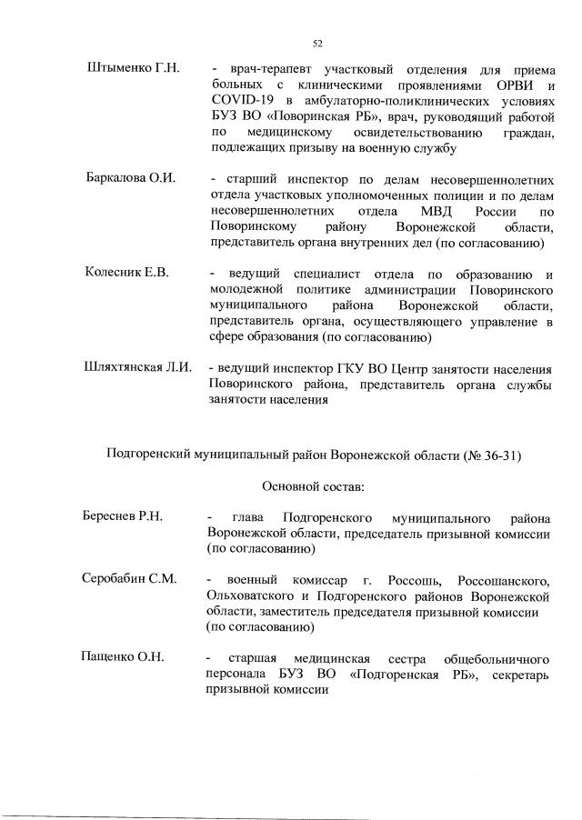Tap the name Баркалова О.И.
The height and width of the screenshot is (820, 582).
click(130, 176)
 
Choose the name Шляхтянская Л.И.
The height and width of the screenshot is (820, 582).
click(138, 368)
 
